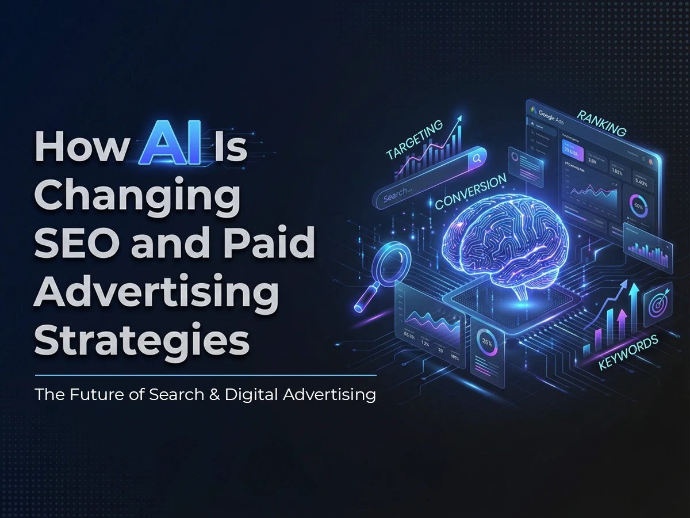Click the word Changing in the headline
(x=137, y=196)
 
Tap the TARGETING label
(x=415, y=139)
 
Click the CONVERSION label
(x=471, y=192)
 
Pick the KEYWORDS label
(x=628, y=353)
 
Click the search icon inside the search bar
(x=477, y=158)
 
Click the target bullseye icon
(x=655, y=304)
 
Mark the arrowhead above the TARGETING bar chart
(x=460, y=119)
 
